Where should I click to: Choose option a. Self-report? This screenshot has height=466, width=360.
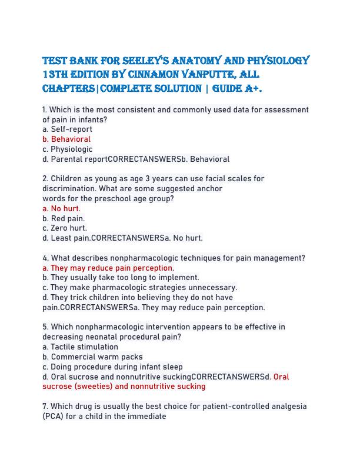(67, 129)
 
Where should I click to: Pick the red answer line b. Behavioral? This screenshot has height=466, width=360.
(66, 139)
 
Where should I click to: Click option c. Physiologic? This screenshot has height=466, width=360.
(68, 149)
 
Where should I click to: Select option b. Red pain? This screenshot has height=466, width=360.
(64, 218)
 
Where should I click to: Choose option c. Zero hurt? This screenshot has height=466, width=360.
(65, 228)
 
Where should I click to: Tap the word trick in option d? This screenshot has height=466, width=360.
(80, 298)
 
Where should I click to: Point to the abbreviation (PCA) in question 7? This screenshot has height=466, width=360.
(53, 417)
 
